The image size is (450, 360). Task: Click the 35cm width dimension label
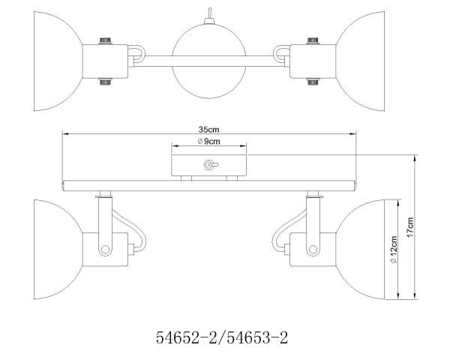pyautogui.click(x=211, y=129)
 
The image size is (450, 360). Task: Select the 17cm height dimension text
pyautogui.click(x=410, y=226)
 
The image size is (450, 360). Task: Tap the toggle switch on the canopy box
pyautogui.click(x=209, y=165)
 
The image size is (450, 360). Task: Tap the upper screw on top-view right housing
pyautogui.click(x=309, y=41)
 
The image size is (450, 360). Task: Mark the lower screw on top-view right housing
pyautogui.click(x=309, y=82)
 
